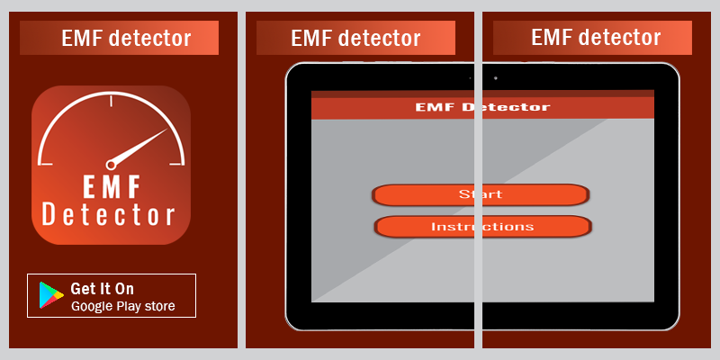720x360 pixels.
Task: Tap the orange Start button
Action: coord(481,194)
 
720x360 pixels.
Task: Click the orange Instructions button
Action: coord(482,227)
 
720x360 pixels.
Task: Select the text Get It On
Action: coord(103,288)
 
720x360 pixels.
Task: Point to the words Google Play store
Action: coord(122,307)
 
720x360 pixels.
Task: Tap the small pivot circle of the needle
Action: coord(112,165)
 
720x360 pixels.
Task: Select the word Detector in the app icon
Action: coord(109,216)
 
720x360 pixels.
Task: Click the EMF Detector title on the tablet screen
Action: coord(482,107)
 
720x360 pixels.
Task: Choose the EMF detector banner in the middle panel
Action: coord(356,38)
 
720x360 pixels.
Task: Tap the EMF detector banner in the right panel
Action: coord(596,37)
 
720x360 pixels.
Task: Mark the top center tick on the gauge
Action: coord(112,101)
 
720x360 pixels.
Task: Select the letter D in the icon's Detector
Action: coord(50,216)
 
